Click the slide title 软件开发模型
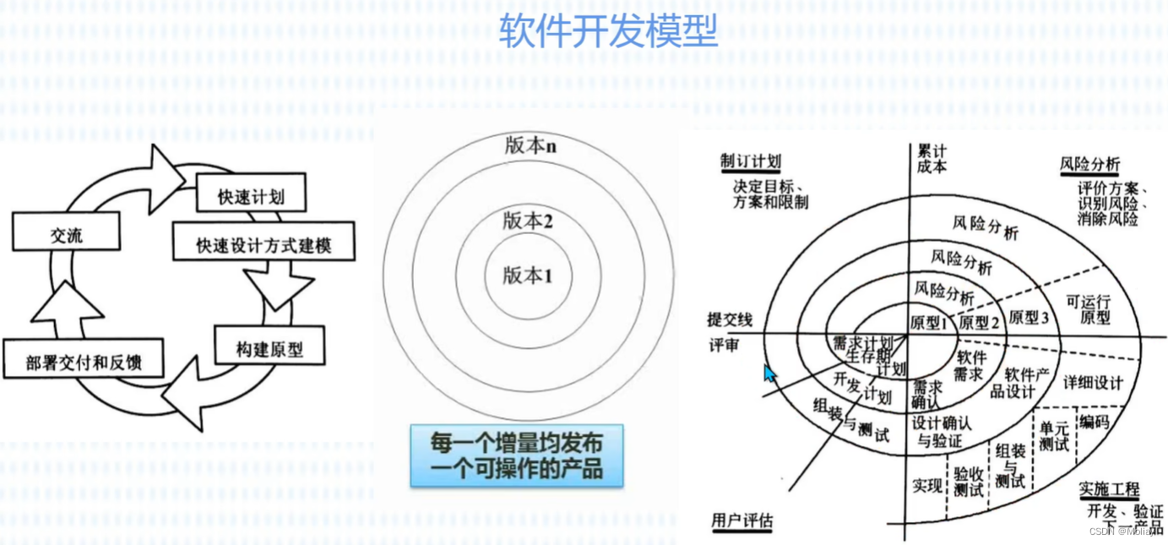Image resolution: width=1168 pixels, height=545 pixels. [607, 31]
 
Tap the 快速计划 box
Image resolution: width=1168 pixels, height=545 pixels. [250, 196]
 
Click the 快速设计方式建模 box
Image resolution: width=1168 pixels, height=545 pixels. [263, 245]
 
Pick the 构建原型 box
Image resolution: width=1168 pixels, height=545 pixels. [269, 348]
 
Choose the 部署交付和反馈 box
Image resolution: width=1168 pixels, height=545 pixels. [83, 363]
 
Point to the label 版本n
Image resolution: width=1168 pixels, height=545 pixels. [530, 144]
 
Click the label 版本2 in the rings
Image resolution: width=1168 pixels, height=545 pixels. [528, 221]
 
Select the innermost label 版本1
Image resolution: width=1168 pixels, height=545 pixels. [527, 275]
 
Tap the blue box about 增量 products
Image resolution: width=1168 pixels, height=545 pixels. [517, 455]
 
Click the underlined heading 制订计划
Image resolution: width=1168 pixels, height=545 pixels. [750, 162]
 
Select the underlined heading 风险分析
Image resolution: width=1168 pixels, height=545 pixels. [1089, 164]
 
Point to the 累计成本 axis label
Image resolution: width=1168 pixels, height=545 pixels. [931, 158]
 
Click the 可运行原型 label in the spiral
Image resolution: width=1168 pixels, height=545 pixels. [1088, 310]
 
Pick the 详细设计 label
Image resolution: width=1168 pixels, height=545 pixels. [1093, 383]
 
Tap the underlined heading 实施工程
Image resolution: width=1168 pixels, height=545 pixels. [1109, 489]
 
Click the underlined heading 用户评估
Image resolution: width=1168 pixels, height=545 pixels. [742, 520]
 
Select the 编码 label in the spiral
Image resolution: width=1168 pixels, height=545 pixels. [1093, 420]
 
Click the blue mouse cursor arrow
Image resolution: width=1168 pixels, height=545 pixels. [769, 373]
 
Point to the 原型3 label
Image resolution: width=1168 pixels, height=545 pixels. [1029, 318]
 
